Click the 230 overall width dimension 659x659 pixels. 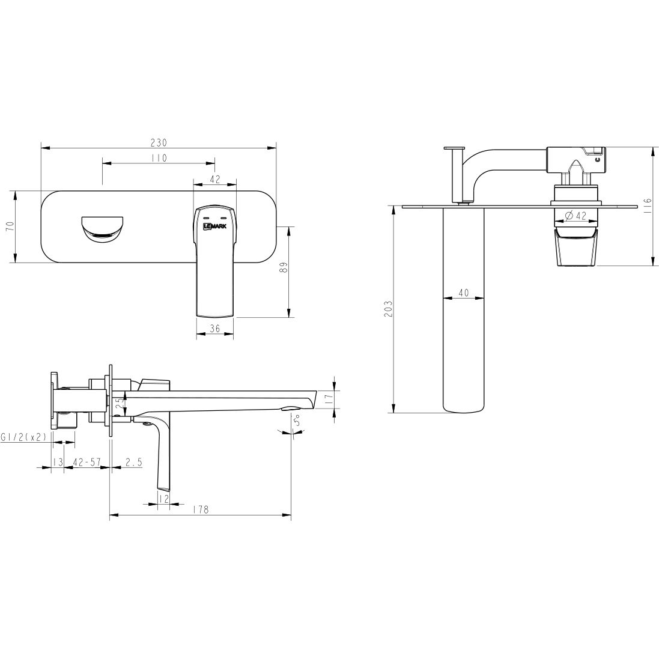[x=159, y=143]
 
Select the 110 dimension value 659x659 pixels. [x=159, y=158]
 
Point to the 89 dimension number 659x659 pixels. [x=284, y=268]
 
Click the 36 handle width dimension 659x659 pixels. [x=215, y=329]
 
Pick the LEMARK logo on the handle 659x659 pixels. [x=214, y=226]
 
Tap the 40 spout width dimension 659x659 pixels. [x=464, y=293]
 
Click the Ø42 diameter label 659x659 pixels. [x=575, y=216]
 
